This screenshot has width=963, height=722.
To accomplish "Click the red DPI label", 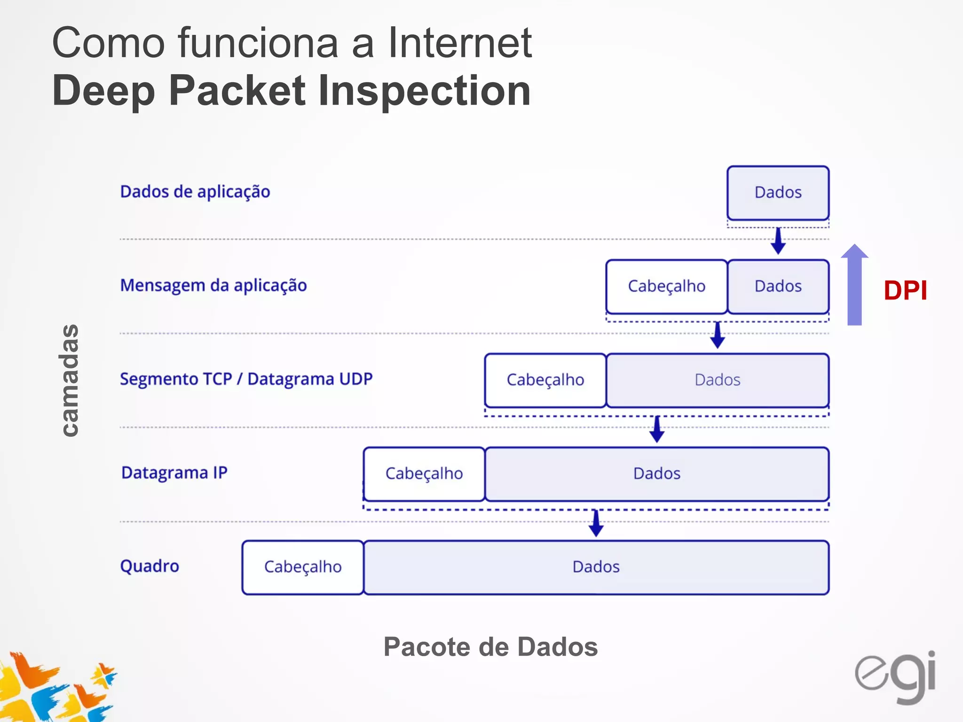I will click(x=905, y=290).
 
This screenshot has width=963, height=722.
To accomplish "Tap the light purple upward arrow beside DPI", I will click(x=854, y=287).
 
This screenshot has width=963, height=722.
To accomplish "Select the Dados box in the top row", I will click(x=778, y=193).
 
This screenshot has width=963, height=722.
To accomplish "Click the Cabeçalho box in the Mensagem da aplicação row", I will click(x=666, y=286).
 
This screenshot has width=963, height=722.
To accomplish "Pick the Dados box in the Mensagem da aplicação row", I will click(x=778, y=286).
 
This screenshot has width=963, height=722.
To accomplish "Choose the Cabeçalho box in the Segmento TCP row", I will click(x=545, y=380).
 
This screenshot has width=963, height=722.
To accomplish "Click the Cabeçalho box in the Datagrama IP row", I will click(x=424, y=473).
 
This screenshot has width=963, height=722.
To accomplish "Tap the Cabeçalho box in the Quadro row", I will click(x=302, y=567).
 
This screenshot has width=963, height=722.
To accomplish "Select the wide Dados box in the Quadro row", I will click(x=596, y=567).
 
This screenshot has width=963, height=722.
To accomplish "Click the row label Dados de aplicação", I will click(x=195, y=192).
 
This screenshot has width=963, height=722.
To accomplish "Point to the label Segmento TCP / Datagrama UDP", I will click(x=246, y=379).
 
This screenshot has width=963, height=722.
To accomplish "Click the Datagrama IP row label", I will click(x=174, y=472).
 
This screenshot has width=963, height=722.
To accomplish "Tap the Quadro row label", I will click(x=150, y=566).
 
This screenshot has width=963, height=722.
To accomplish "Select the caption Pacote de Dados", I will click(x=490, y=647).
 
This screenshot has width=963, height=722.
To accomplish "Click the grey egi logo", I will click(x=895, y=677).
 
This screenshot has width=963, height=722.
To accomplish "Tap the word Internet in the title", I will click(x=459, y=43).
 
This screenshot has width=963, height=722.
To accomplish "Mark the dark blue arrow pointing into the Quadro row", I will click(x=596, y=524).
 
